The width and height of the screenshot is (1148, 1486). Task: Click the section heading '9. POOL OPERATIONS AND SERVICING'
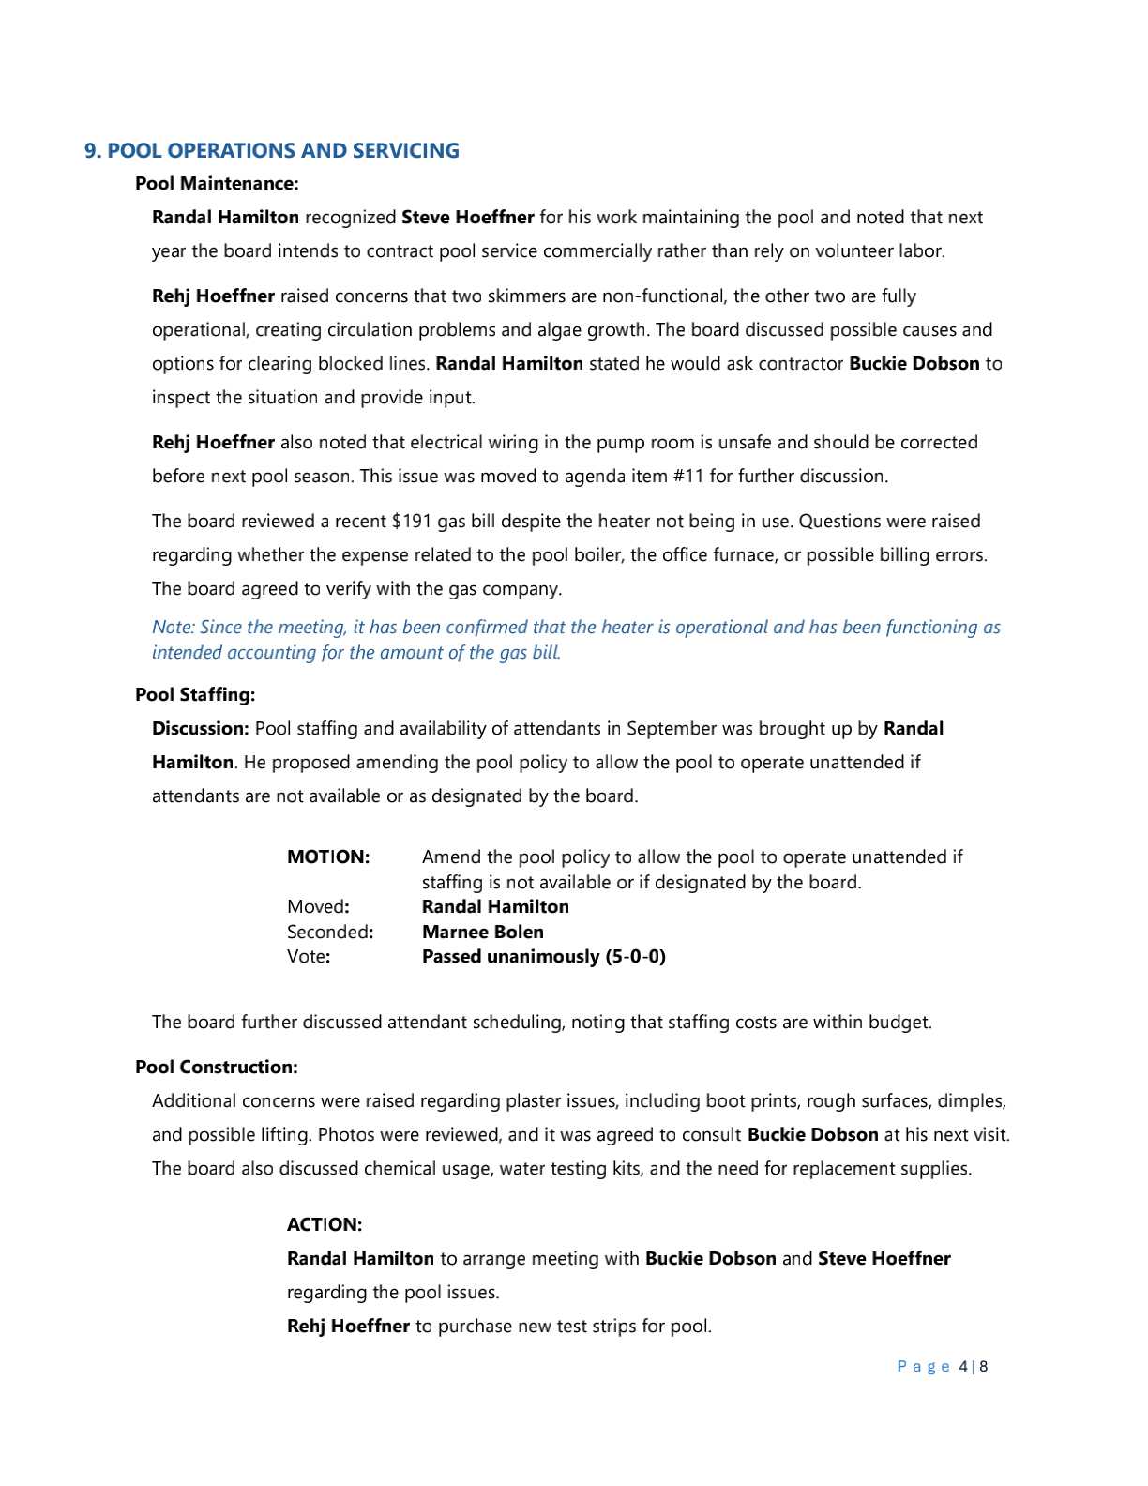pos(272,151)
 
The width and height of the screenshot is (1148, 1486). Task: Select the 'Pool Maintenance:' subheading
pos(217,184)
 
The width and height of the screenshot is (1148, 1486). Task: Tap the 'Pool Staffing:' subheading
pos(195,695)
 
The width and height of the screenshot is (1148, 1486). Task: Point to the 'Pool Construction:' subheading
pos(217,1068)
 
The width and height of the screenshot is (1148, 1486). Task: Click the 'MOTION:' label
pos(328,857)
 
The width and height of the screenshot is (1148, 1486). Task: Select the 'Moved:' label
pos(318,907)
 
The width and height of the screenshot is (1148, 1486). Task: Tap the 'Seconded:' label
pos(330,933)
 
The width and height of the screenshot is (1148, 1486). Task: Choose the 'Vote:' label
pos(308,957)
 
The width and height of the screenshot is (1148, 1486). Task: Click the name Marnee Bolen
pos(483,933)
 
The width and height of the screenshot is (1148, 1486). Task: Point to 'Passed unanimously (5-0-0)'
pos(544,957)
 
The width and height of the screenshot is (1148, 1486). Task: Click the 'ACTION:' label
pos(325,1225)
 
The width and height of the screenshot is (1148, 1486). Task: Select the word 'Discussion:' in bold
pos(201,729)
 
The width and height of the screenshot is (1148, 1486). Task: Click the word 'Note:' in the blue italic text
pos(174,628)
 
